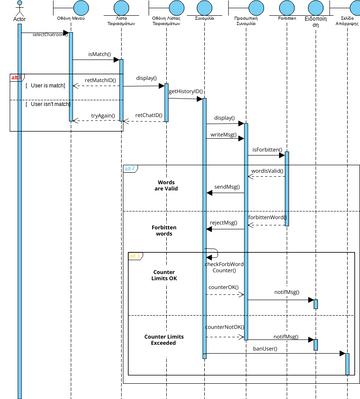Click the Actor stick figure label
(x=19, y=18)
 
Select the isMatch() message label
(x=98, y=52)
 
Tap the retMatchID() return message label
(x=99, y=78)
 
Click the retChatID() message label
(x=148, y=115)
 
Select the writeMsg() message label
(x=223, y=134)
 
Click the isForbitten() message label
(x=265, y=149)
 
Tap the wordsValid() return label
(x=267, y=171)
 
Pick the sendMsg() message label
(x=227, y=186)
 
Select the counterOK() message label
(x=223, y=287)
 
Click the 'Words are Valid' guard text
(x=166, y=187)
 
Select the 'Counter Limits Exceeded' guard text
(x=163, y=342)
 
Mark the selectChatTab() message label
(x=52, y=33)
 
